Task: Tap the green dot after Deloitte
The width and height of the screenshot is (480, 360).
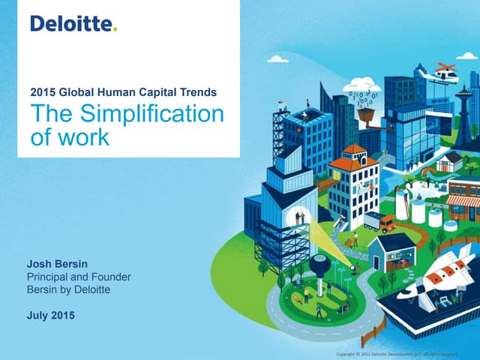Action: [115, 29]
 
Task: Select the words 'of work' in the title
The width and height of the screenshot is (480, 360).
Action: [69, 137]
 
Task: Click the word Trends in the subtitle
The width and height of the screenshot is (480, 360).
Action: [196, 92]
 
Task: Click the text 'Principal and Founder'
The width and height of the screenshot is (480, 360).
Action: [79, 277]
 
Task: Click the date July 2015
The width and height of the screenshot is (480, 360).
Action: [51, 315]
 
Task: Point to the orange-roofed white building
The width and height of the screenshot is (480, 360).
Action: [352, 184]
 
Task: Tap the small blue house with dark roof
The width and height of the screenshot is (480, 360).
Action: [391, 251]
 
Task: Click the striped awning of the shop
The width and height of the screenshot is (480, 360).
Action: [463, 201]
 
